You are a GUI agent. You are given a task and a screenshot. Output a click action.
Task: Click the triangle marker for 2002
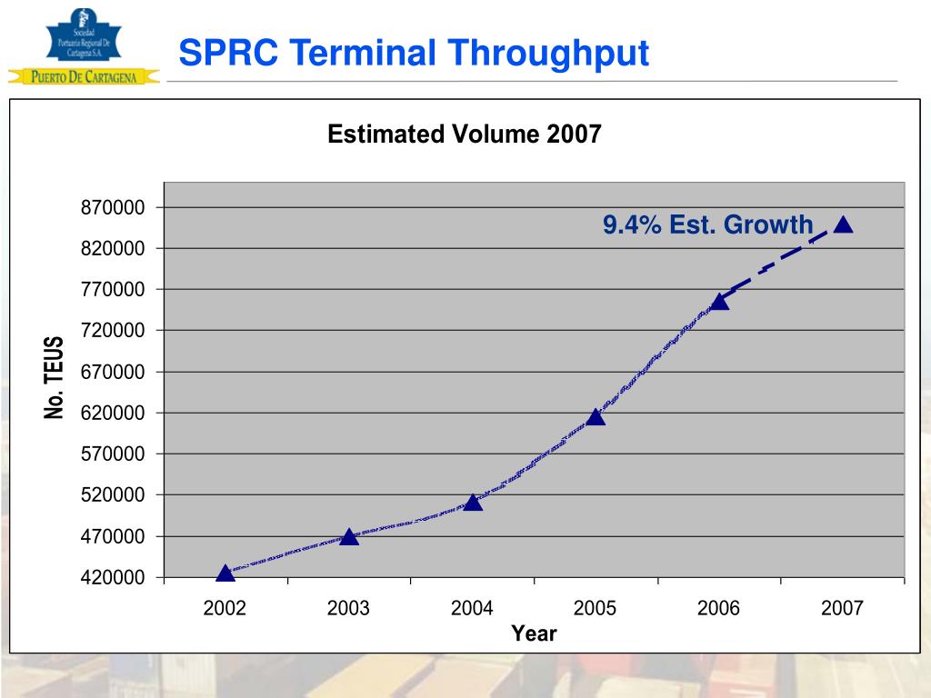point(225,573)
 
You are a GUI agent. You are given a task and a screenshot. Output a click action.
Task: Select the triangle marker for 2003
point(349,537)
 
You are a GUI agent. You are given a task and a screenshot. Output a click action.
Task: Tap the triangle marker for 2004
point(473,502)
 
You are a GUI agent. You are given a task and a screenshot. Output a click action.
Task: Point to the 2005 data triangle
point(596,417)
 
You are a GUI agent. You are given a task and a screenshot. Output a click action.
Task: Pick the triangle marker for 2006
point(719,301)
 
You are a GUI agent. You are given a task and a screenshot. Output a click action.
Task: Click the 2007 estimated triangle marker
point(843,224)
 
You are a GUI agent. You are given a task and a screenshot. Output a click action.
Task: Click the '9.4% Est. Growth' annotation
point(707,224)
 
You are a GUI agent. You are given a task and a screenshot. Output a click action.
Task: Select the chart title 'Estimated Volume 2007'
point(464,135)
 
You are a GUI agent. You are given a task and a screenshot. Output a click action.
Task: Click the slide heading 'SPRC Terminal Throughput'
point(413,53)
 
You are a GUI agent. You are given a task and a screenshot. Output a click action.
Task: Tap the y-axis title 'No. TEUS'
point(55,377)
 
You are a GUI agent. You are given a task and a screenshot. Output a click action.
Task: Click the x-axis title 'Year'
point(534,633)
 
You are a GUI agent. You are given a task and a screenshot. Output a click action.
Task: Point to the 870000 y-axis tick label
point(114,208)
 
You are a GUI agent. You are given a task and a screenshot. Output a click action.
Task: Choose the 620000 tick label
point(114,413)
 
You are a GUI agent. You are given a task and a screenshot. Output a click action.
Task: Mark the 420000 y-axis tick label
point(114,577)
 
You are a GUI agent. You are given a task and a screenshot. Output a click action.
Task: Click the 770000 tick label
point(114,290)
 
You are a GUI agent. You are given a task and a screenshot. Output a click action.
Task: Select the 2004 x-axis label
point(472,608)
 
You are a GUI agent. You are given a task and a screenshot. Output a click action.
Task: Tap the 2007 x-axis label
point(842,608)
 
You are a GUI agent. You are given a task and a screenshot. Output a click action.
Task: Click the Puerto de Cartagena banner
point(84,77)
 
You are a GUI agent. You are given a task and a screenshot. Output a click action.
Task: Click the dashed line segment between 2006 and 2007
point(782,262)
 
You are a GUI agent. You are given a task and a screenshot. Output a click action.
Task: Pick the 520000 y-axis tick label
point(114,495)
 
